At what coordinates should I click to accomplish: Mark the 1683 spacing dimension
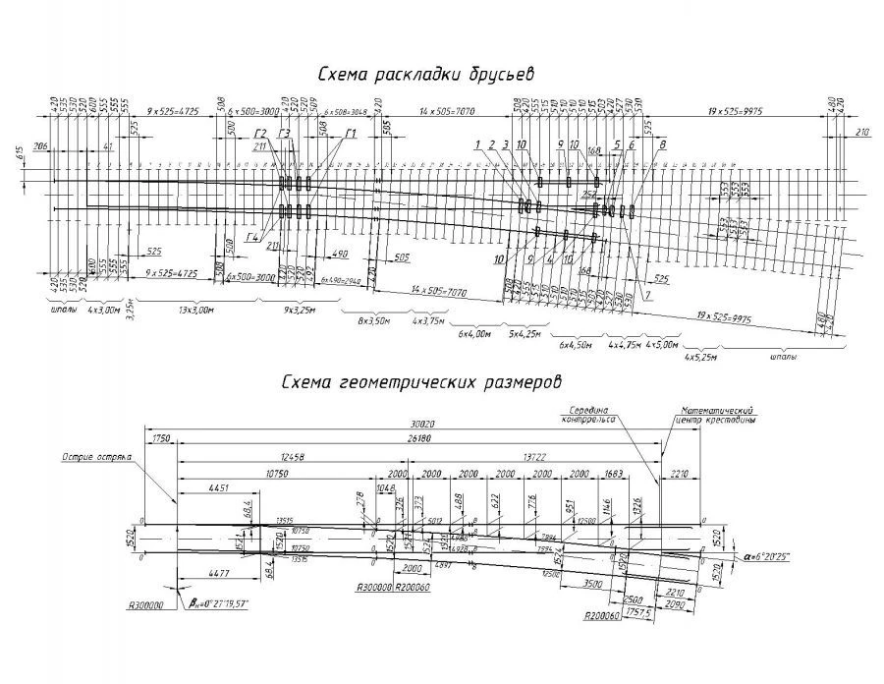615,474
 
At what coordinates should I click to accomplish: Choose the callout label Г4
254,237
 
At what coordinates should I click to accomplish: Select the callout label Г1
349,135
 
